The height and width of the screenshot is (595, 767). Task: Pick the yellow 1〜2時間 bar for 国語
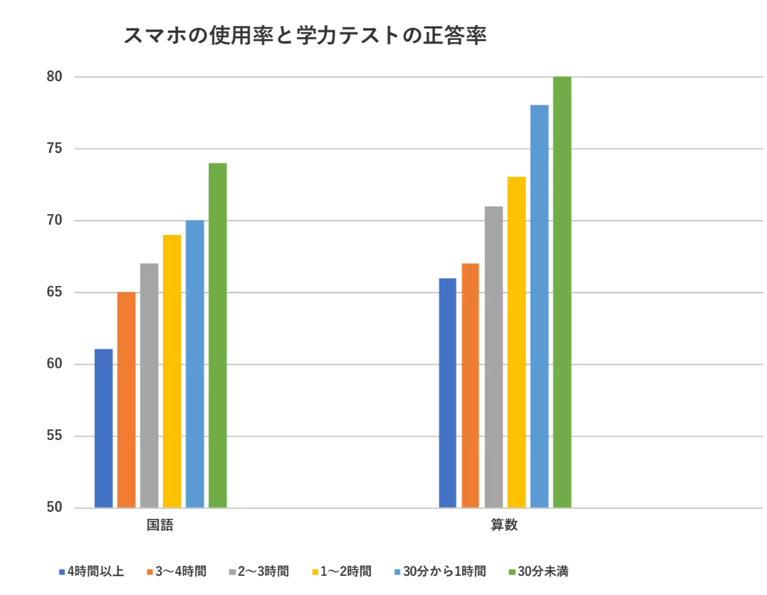[172, 371]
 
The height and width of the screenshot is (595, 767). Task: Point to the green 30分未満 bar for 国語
[217, 335]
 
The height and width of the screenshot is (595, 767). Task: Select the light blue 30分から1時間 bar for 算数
[539, 306]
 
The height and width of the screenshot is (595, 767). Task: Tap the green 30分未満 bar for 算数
[562, 293]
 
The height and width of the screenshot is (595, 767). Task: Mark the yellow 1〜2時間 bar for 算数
[516, 342]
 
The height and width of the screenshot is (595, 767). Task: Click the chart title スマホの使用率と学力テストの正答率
[306, 36]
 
